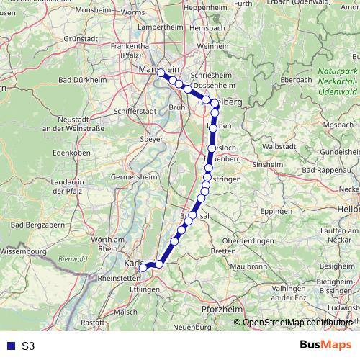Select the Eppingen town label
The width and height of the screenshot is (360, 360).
[x=276, y=212]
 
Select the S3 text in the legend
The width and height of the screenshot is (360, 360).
[x=28, y=346]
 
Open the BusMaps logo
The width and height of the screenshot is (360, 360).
[x=326, y=346]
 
